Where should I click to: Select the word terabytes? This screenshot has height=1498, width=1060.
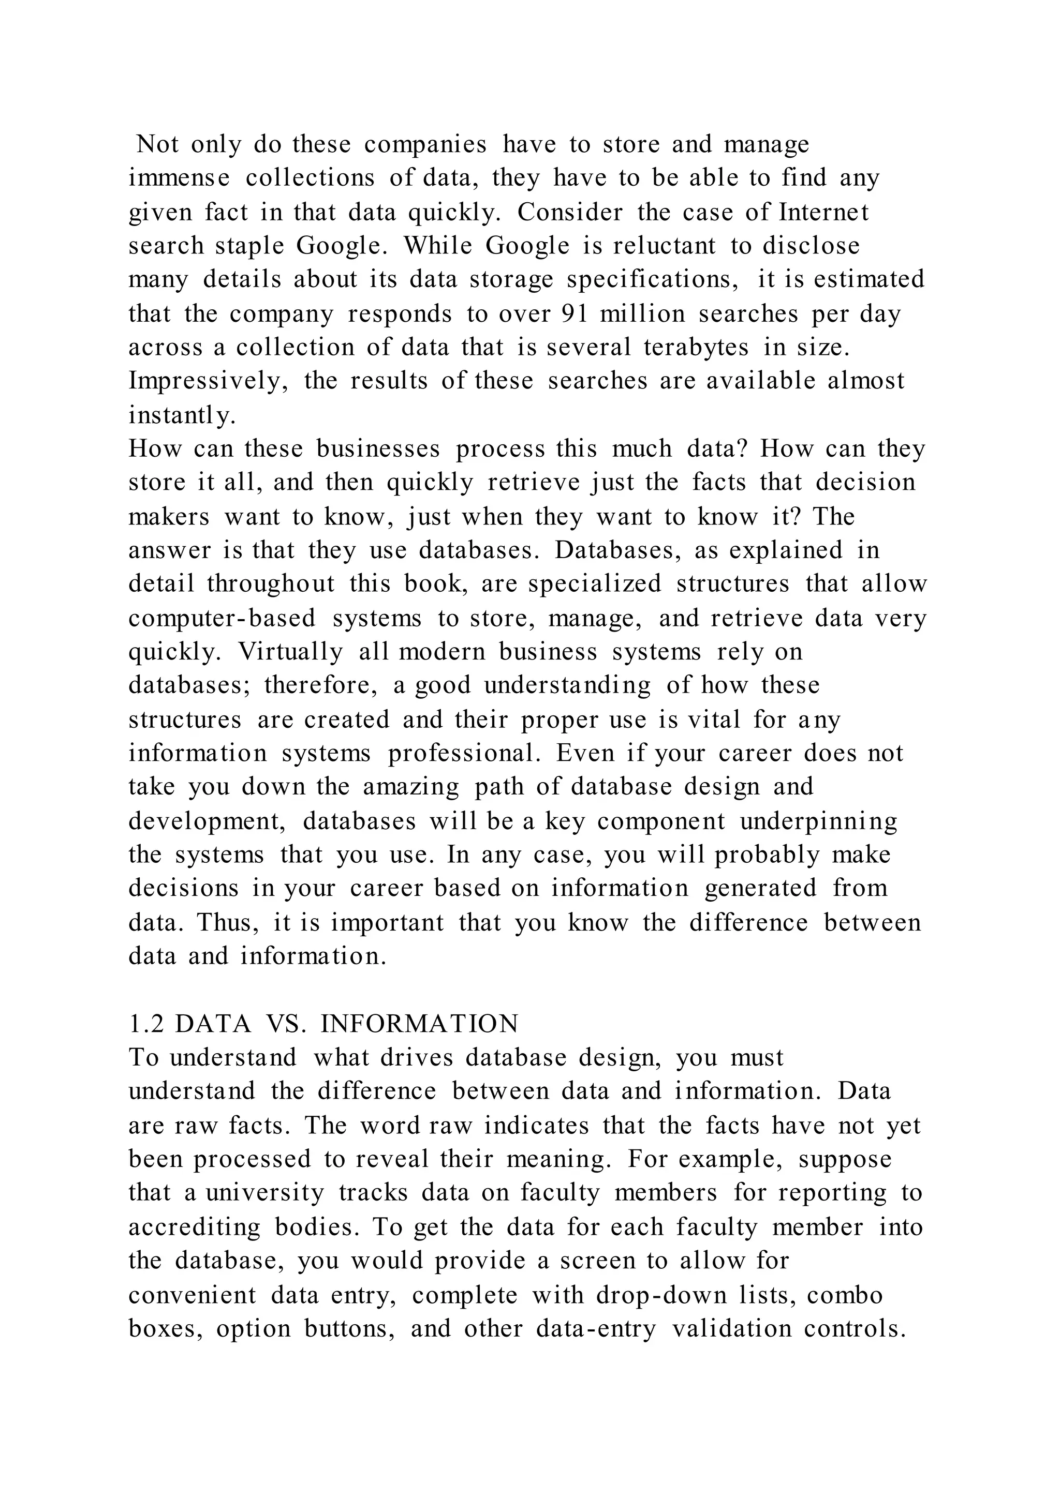(696, 347)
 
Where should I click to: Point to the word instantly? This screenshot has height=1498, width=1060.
(182, 415)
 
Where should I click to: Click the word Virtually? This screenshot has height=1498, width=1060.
(290, 651)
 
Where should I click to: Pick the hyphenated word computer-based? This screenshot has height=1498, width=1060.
(222, 618)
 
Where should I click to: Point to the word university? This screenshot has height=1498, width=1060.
(265, 1193)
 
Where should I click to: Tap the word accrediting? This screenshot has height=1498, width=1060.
(195, 1226)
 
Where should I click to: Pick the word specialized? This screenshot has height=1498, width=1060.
(595, 584)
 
